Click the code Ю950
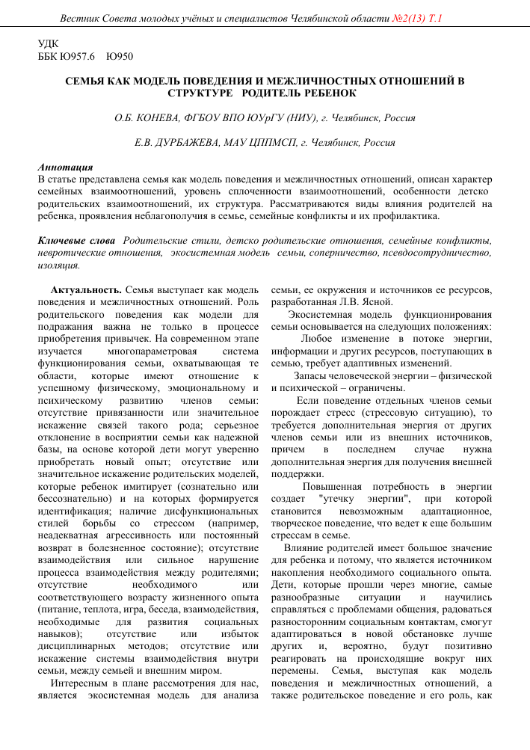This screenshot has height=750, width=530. (121, 56)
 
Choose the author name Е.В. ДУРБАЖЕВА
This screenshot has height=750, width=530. (177, 142)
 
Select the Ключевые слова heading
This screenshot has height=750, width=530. (77, 241)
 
